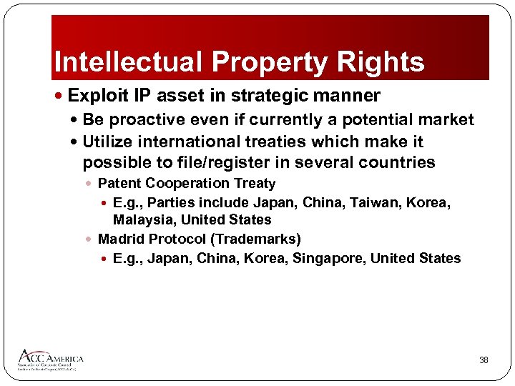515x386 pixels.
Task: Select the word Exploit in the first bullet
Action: tap(97, 95)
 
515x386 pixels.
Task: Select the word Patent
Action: tap(119, 184)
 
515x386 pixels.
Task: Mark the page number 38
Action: tap(484, 360)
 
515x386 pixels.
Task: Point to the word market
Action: tap(446, 119)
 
